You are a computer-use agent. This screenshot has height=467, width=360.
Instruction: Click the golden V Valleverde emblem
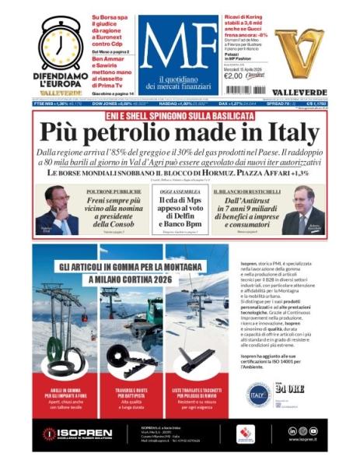pyautogui.click(x=299, y=47)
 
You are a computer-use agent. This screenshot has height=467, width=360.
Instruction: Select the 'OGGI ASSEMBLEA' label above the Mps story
pyautogui.click(x=179, y=191)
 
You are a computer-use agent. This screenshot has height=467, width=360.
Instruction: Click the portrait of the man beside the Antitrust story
pyautogui.click(x=303, y=211)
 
